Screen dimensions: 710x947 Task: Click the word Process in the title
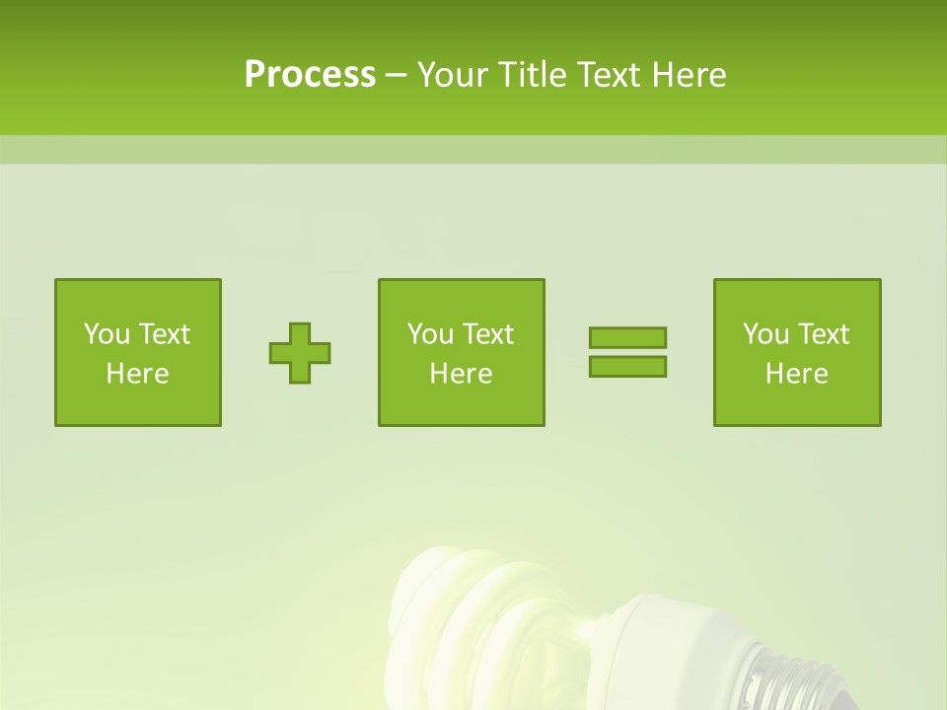coord(310,75)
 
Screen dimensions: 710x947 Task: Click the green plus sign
coord(300,353)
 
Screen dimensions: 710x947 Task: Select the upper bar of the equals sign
coord(627,337)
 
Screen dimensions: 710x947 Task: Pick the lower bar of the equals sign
coord(627,366)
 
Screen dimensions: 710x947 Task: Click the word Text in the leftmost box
coord(165,334)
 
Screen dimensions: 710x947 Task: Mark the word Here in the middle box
coord(461,374)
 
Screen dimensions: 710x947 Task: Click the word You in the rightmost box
coord(765,334)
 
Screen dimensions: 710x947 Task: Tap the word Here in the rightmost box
coord(796,374)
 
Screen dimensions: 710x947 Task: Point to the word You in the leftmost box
coord(107,334)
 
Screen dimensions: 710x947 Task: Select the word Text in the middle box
coord(488,334)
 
